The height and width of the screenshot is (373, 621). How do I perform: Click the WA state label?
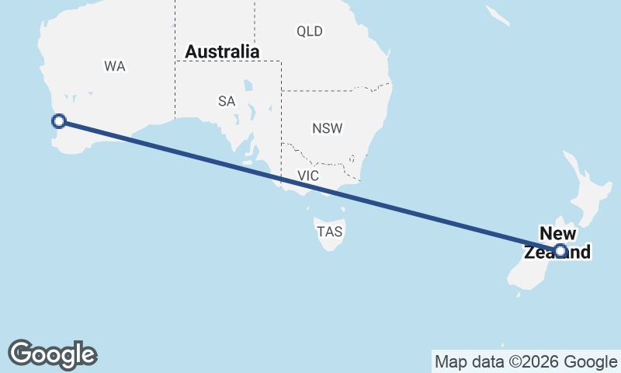point(114,67)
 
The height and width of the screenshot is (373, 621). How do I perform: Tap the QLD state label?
point(309,32)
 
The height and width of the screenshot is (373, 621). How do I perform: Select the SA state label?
point(226,101)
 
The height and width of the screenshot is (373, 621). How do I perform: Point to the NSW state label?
point(327,128)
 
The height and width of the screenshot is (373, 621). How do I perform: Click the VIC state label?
point(308,176)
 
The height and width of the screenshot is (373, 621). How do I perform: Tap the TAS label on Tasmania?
point(329,232)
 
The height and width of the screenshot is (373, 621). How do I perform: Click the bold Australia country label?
point(222,52)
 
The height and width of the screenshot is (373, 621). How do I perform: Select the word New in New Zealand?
point(558,234)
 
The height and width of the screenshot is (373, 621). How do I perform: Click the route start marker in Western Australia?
point(58,120)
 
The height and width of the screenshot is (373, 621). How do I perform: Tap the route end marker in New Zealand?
point(560,250)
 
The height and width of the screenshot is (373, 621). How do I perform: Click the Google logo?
point(52,354)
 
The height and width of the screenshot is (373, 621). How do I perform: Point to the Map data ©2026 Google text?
point(526,361)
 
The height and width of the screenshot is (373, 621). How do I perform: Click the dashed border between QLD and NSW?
point(334,90)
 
